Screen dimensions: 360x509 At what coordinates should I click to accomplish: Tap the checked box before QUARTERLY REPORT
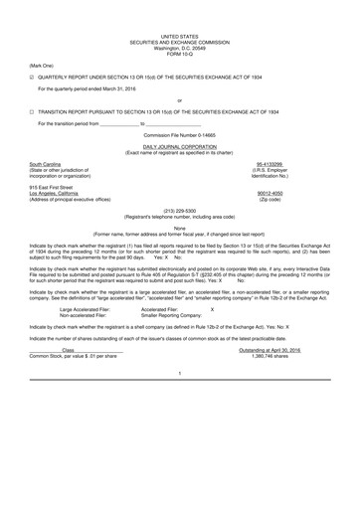[x=33, y=78]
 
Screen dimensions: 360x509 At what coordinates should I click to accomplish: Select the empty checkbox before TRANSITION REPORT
[x=33, y=112]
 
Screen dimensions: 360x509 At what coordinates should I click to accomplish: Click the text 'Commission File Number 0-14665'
[x=179, y=133]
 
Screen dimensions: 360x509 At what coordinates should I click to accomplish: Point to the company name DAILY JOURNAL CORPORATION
[x=179, y=146]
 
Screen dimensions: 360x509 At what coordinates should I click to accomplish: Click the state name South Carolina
[x=46, y=164]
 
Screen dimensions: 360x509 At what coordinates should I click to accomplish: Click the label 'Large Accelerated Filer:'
[x=85, y=310]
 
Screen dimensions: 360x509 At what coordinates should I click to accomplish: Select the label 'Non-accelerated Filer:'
[x=83, y=316]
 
